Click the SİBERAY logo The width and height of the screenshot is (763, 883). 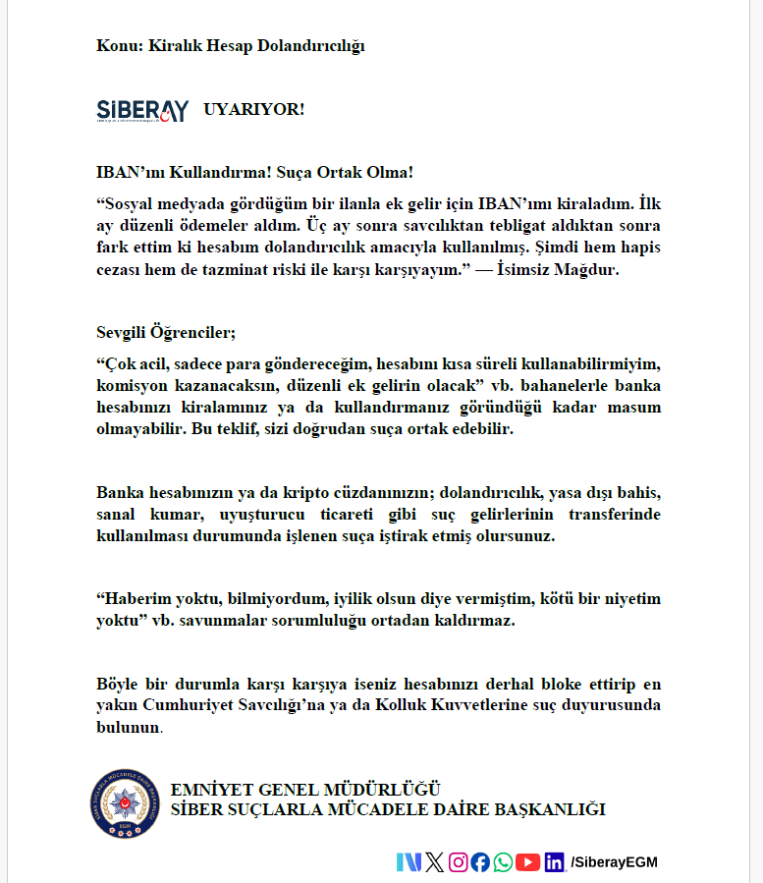point(142,110)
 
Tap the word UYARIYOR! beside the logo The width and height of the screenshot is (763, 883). point(254,109)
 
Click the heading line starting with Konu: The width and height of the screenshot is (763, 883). point(231,45)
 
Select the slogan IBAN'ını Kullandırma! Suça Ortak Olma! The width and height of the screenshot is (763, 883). point(254,173)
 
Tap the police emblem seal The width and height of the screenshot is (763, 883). point(124,801)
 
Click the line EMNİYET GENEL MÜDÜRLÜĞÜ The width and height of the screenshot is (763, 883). point(305,790)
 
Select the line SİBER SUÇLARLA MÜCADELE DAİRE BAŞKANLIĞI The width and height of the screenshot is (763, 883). point(388,809)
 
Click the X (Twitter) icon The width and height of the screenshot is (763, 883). point(434,862)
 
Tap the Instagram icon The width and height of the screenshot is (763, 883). point(458,862)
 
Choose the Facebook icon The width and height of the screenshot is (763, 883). point(480,862)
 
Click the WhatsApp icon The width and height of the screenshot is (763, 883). point(503,862)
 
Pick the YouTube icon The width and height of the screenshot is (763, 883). point(527,862)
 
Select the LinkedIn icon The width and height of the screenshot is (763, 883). point(555,862)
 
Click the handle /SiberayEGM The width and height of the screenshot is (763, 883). point(614,862)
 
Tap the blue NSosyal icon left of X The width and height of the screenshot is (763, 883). point(409,862)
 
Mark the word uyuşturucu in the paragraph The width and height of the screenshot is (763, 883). point(258,515)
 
